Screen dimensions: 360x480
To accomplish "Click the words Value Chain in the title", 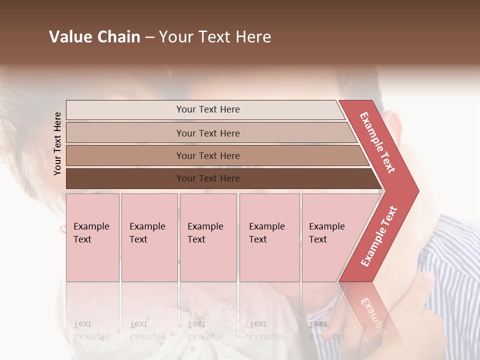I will click(94, 37).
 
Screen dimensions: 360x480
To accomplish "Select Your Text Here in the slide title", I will click(215, 37).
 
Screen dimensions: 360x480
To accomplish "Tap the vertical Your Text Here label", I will click(57, 143).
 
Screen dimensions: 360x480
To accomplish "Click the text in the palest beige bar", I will click(208, 109).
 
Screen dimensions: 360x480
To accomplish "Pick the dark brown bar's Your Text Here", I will click(208, 178).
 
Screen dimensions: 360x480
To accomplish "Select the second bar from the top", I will click(208, 133).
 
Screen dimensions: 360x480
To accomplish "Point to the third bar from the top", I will click(208, 156).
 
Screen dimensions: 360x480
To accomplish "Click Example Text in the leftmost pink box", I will click(91, 233).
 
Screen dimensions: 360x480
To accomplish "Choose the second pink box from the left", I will click(149, 237).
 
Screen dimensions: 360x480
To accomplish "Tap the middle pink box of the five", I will click(208, 237).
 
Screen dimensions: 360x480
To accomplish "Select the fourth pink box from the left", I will click(269, 237).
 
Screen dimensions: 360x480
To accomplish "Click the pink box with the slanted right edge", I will click(330, 237).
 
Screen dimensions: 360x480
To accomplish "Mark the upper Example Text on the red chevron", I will click(377, 142).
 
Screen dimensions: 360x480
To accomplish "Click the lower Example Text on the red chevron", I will click(379, 236).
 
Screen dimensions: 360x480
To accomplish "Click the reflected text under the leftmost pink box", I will click(90, 330).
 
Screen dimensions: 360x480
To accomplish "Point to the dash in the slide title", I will click(149, 37).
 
